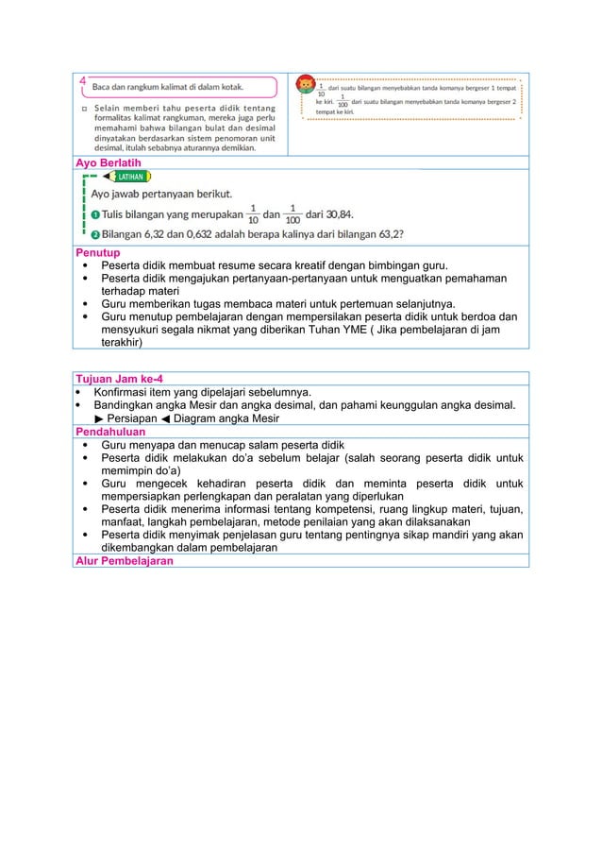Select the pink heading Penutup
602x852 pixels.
point(97,252)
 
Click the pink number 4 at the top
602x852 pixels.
point(83,81)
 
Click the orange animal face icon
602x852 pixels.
point(306,86)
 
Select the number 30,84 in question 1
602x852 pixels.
point(337,213)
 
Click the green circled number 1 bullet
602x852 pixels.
point(95,214)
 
